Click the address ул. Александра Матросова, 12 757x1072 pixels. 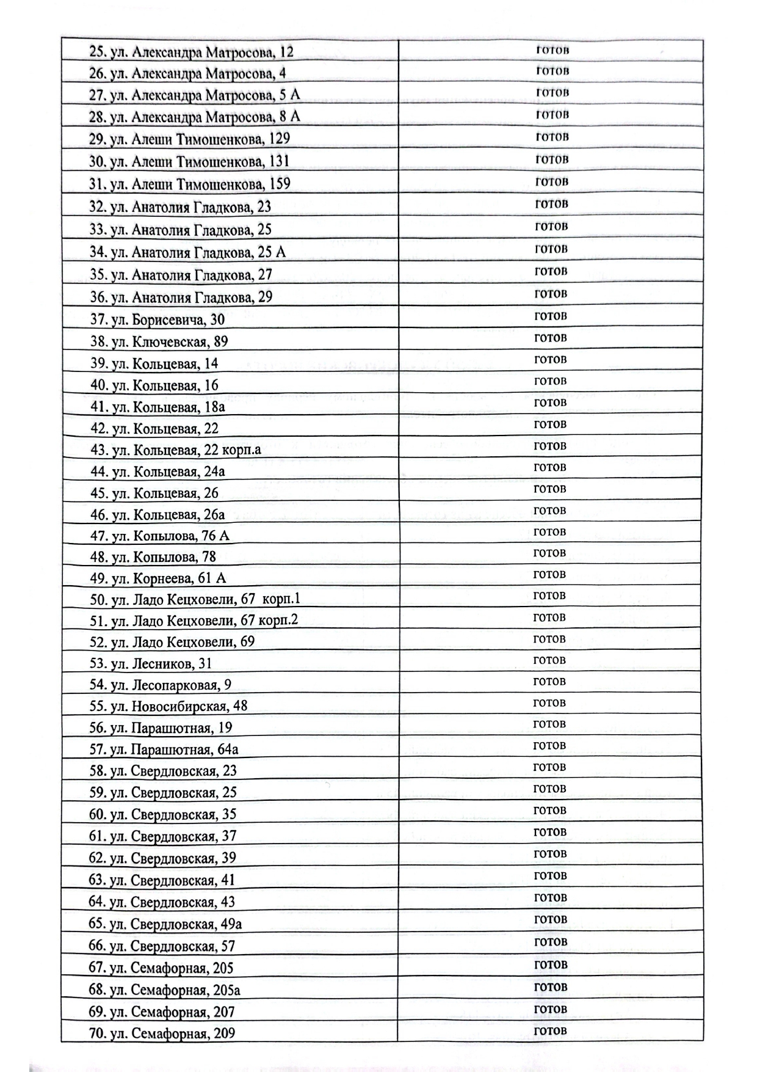point(191,53)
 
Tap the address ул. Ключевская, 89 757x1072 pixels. point(159,342)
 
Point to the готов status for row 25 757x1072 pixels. point(552,49)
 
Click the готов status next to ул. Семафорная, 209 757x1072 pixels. point(551,1030)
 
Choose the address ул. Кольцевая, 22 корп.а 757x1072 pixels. point(176,450)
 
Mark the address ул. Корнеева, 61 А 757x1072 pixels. point(158,578)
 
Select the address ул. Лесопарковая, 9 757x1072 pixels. point(161,685)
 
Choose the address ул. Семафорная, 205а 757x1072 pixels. point(164,990)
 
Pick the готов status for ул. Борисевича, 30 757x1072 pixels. point(551,316)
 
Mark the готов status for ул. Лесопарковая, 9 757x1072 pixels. point(549,681)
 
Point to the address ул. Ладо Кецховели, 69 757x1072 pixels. point(172,642)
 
